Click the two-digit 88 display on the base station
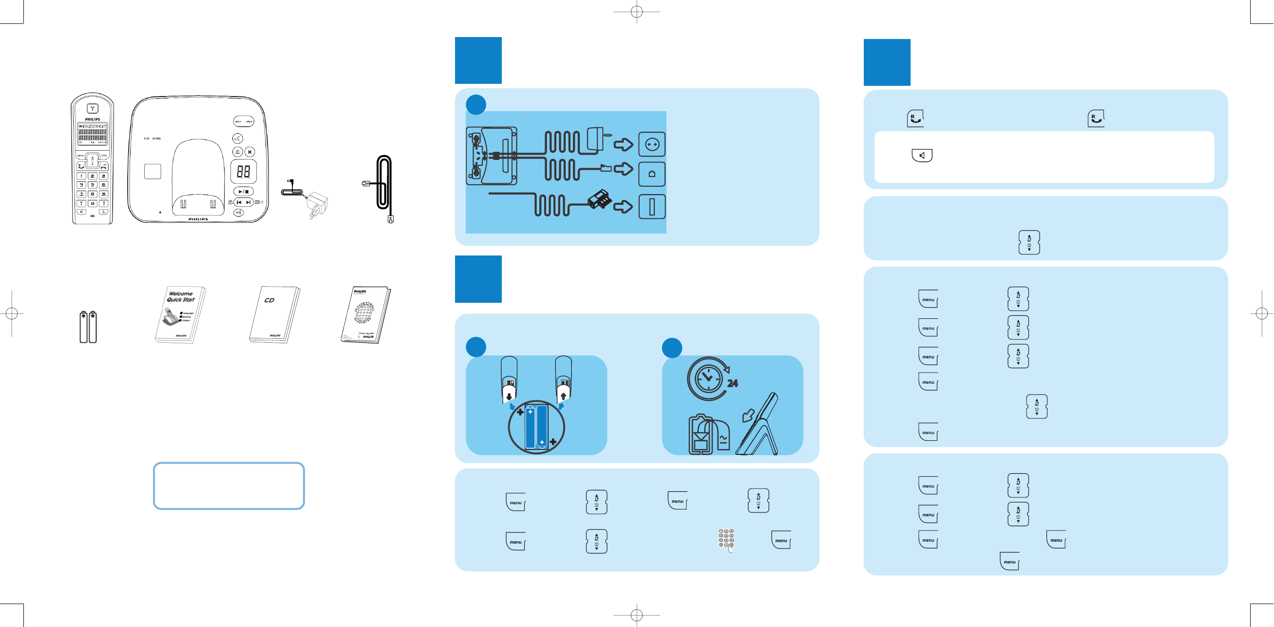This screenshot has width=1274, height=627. pyautogui.click(x=243, y=172)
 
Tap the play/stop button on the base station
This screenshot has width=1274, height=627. pyautogui.click(x=243, y=192)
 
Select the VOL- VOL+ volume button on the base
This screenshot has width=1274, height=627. pyautogui.click(x=243, y=121)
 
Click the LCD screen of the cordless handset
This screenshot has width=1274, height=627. pyautogui.click(x=93, y=134)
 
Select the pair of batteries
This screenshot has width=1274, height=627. pyautogui.click(x=88, y=327)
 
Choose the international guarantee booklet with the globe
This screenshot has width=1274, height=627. pyautogui.click(x=365, y=314)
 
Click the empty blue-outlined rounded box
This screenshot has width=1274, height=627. pyautogui.click(x=228, y=486)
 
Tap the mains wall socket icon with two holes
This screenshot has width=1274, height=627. pyautogui.click(x=652, y=144)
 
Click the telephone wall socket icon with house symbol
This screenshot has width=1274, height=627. pyautogui.click(x=652, y=174)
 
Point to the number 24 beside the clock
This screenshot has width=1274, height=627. pyautogui.click(x=732, y=383)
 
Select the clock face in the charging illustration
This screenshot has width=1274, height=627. pyautogui.click(x=708, y=378)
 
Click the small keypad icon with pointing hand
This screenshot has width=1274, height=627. pyautogui.click(x=726, y=540)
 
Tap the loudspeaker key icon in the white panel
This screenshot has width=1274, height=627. pyautogui.click(x=922, y=156)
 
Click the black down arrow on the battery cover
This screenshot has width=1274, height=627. pyautogui.click(x=509, y=396)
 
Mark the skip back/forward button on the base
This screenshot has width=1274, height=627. pyautogui.click(x=243, y=202)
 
